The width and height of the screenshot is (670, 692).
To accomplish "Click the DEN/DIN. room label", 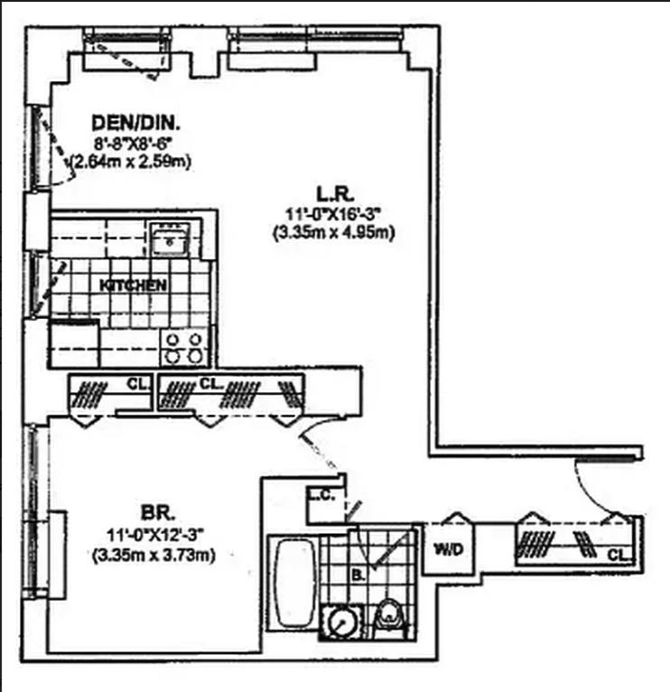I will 136,122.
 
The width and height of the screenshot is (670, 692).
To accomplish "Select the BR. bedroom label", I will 152,509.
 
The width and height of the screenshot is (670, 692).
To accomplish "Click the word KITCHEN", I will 133,285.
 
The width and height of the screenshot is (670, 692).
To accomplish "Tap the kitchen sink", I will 168,240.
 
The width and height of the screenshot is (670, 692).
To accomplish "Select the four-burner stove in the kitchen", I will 185,346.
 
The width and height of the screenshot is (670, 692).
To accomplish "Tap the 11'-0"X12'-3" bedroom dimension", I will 153,532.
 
